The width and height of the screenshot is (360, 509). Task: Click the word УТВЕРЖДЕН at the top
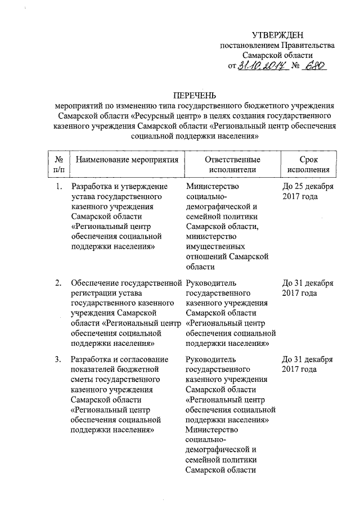(x=278, y=35)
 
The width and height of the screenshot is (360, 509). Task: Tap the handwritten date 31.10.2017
(x=260, y=66)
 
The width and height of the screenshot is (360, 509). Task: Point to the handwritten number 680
(x=313, y=66)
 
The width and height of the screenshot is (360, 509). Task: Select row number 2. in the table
(x=59, y=283)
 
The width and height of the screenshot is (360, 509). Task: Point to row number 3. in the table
(x=59, y=359)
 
